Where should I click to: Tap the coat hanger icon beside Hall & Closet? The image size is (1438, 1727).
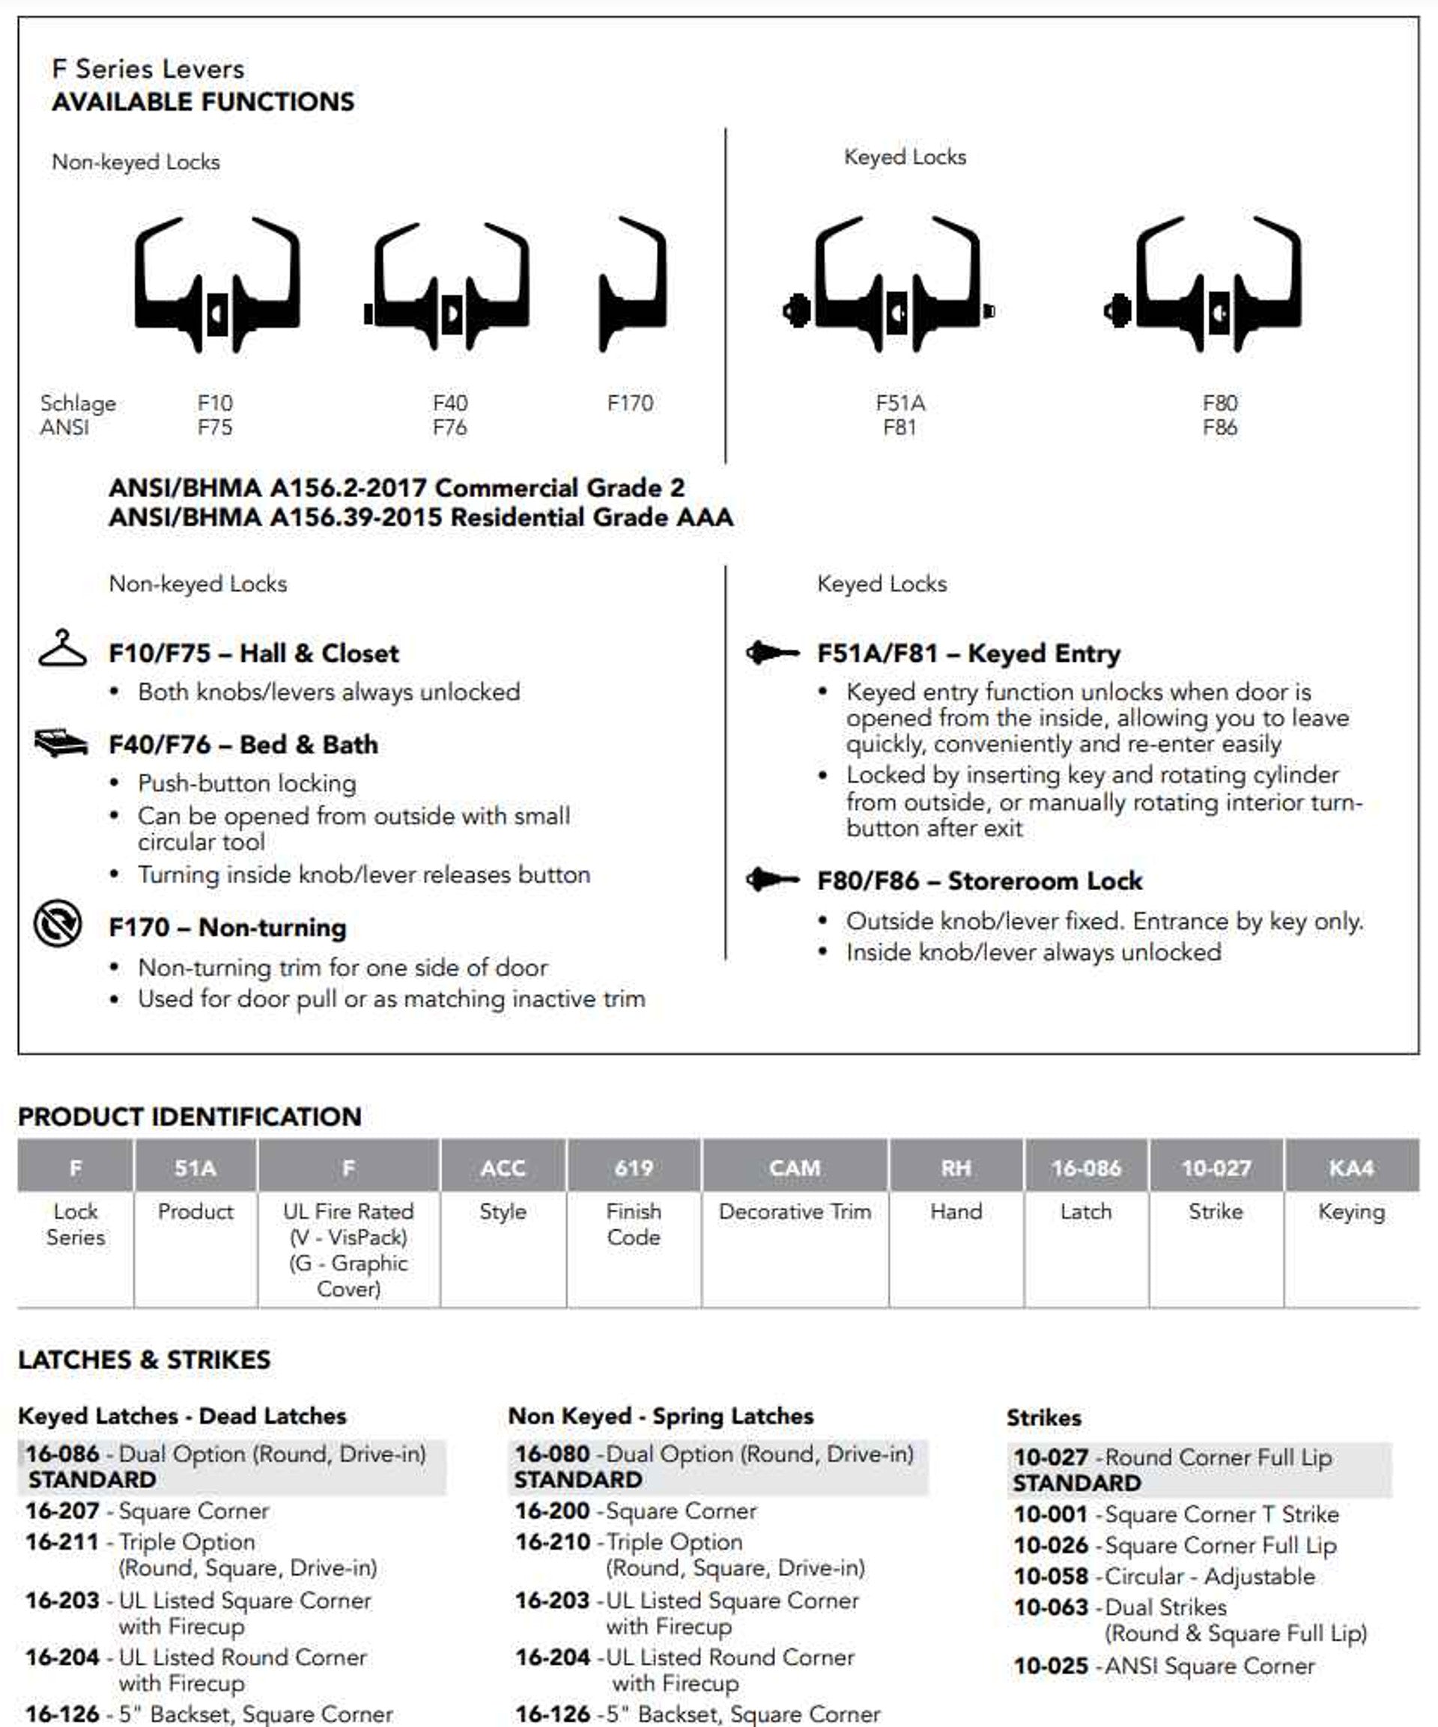62,649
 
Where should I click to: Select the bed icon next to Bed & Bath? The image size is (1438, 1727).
61,743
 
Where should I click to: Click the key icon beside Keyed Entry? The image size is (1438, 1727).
771,653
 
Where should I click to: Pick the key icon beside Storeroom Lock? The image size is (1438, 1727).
771,879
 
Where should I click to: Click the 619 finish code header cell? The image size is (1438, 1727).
634,1167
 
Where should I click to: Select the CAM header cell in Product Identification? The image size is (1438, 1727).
795,1167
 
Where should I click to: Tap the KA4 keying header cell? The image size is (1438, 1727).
1351,1167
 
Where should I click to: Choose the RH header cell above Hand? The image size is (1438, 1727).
956,1167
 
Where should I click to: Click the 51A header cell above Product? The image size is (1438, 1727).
195,1167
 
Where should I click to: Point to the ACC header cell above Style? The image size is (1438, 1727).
503,1167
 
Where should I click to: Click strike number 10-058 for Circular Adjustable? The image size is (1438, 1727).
1051,1576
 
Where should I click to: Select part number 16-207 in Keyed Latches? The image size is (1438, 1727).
62,1510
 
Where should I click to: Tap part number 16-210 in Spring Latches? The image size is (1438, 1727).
553,1541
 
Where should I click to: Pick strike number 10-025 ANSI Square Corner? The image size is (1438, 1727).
1051,1666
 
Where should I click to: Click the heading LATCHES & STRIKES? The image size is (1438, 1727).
144,1359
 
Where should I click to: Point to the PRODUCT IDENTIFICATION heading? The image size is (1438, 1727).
189,1116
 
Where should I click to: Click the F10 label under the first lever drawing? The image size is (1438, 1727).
215,403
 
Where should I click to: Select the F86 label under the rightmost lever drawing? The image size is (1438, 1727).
1219,427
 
